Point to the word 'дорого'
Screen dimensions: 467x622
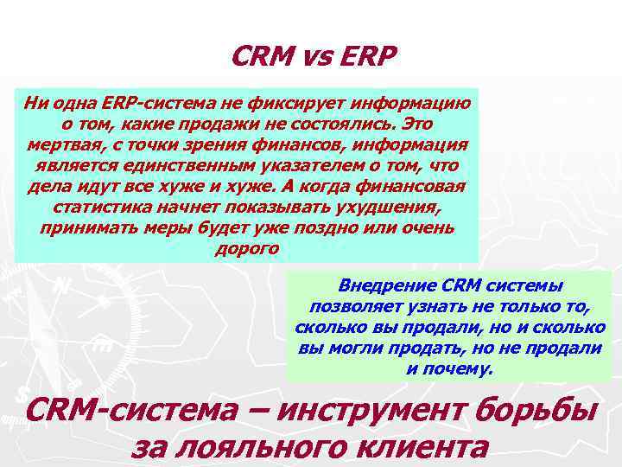coord(245,250)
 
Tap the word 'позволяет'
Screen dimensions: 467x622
coord(347,307)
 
